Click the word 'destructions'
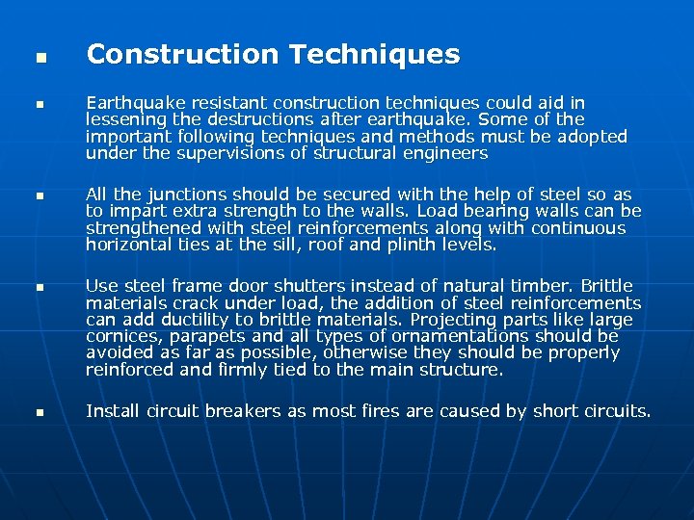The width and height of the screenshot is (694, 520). (x=243, y=119)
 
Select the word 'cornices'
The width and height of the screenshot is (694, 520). (x=119, y=337)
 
